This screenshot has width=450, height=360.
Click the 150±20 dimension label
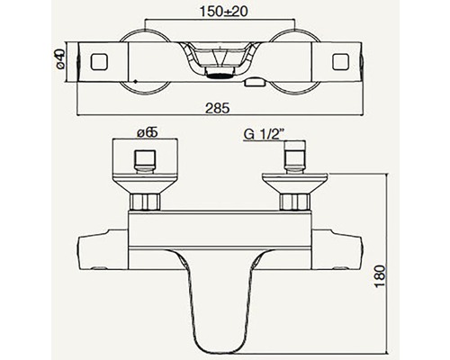tap(223, 12)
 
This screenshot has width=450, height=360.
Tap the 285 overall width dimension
tap(218, 108)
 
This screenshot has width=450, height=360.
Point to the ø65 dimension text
tap(148, 132)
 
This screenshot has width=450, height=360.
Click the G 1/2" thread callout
tap(264, 135)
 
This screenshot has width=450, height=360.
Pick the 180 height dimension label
tap(380, 276)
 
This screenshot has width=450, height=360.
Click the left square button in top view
tap(99, 61)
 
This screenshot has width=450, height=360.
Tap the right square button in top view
tap(340, 61)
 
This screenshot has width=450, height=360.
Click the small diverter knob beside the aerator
tap(254, 83)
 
